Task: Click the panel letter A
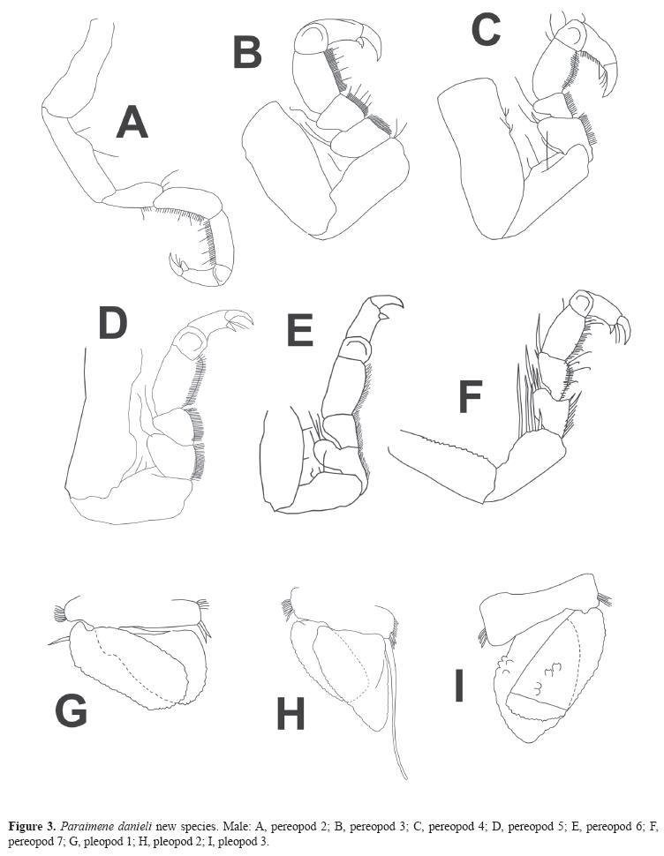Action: (132, 122)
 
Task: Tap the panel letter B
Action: (247, 52)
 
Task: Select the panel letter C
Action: (486, 31)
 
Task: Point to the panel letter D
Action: (112, 324)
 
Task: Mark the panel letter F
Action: (469, 398)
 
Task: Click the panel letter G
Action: (71, 710)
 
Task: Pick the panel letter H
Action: (290, 714)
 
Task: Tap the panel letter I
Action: (458, 686)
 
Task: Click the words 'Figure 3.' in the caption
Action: (31, 827)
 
